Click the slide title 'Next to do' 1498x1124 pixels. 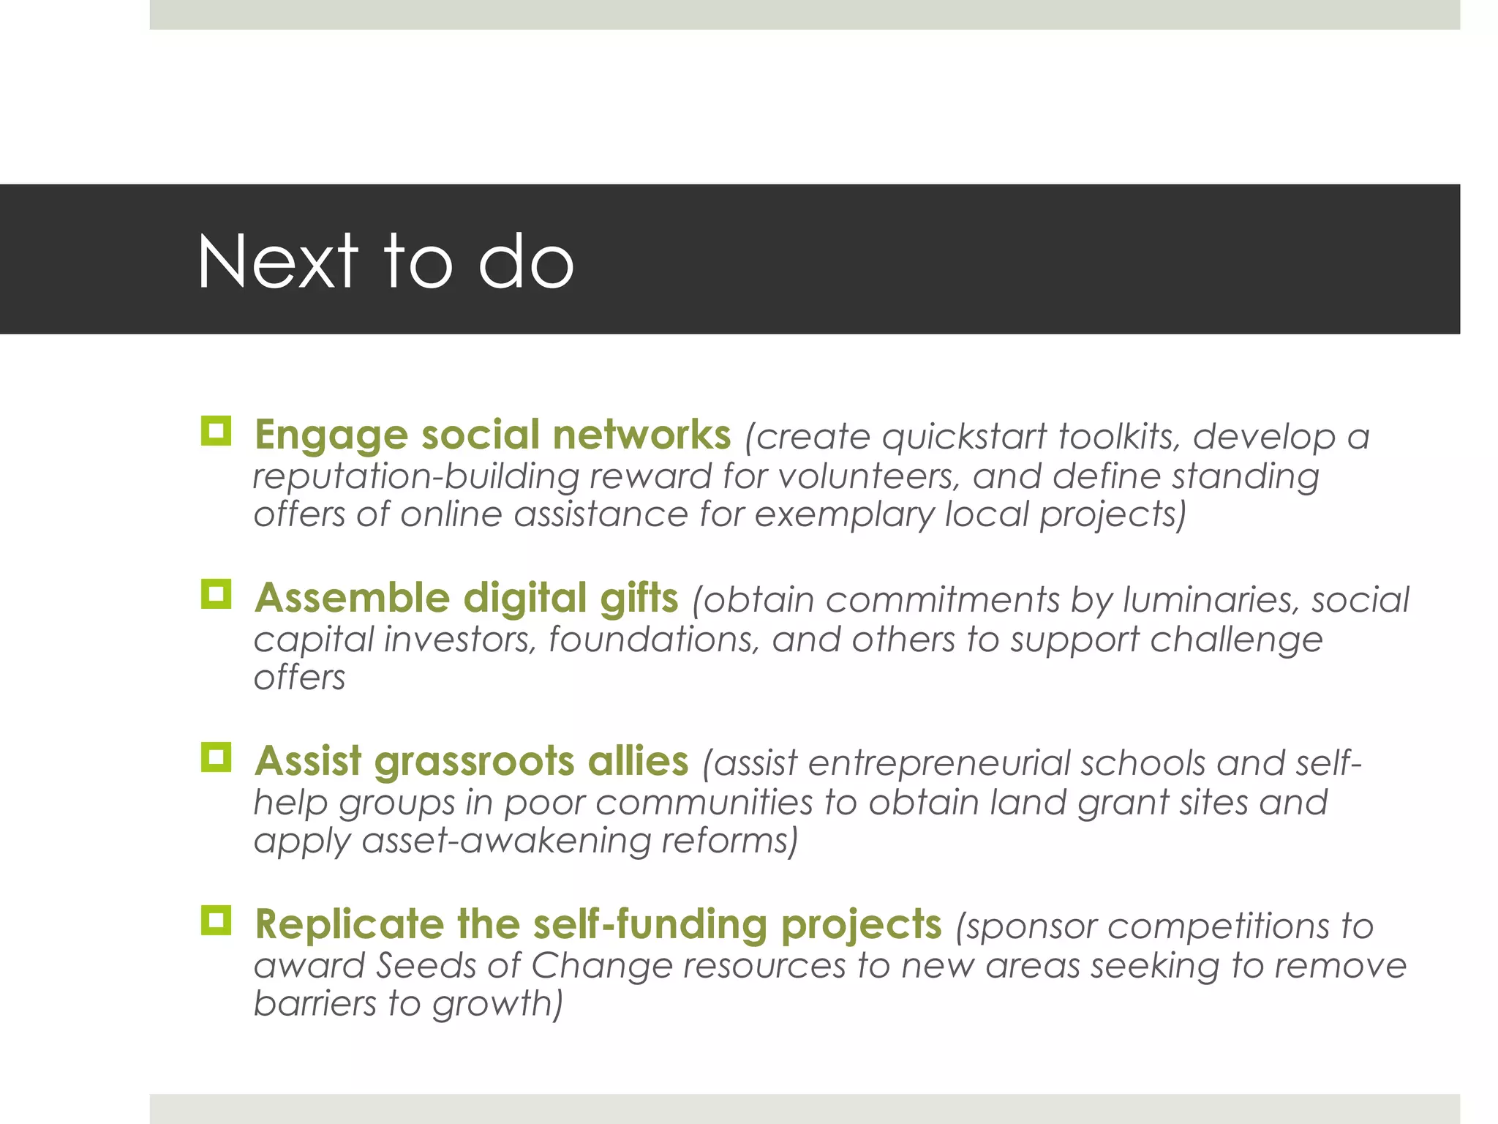coord(385,261)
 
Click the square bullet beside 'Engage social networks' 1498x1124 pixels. coord(216,431)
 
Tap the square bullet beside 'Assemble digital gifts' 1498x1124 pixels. coord(216,594)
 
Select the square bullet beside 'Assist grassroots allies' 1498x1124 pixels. coord(216,757)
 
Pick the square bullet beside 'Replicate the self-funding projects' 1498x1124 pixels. coord(216,921)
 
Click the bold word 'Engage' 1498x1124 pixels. coord(330,435)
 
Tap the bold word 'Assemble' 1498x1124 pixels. coord(352,598)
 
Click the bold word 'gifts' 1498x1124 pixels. coord(639,598)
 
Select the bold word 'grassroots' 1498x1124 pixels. coord(474,762)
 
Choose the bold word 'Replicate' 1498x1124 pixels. coord(349,924)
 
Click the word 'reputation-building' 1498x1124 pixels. coord(416,477)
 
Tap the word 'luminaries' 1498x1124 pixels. coord(1211,601)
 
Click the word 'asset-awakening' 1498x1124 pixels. coord(506,841)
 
